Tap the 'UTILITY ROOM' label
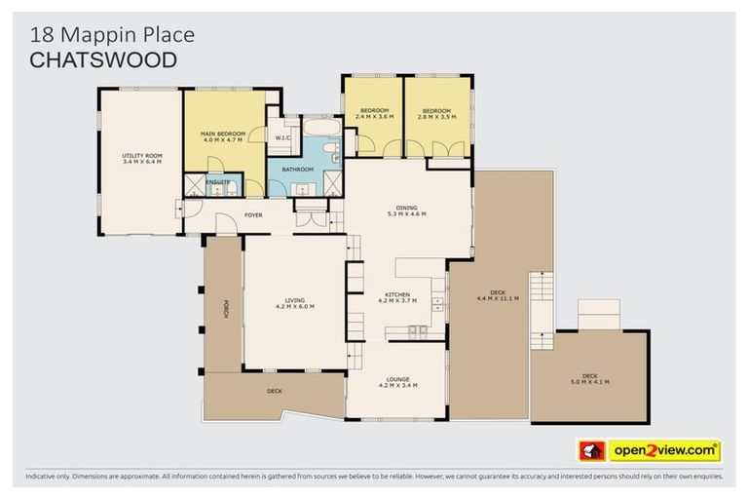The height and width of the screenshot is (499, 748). click(141, 155)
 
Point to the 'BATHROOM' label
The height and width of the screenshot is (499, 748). click(298, 169)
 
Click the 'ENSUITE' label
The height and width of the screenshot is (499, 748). click(218, 181)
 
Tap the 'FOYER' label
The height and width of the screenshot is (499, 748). click(253, 214)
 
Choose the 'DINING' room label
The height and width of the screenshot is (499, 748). click(406, 207)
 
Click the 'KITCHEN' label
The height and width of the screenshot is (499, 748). click(396, 294)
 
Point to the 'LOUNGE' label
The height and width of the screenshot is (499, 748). click(397, 378)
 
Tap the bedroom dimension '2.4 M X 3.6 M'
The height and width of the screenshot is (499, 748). click(374, 117)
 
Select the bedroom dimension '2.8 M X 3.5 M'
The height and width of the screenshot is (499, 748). click(436, 117)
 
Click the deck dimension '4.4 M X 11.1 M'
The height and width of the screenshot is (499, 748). click(498, 298)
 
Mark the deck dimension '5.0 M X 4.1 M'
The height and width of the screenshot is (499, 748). click(589, 381)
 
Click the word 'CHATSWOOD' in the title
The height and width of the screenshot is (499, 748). click(103, 60)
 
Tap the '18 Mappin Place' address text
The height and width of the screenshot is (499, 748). click(112, 35)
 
